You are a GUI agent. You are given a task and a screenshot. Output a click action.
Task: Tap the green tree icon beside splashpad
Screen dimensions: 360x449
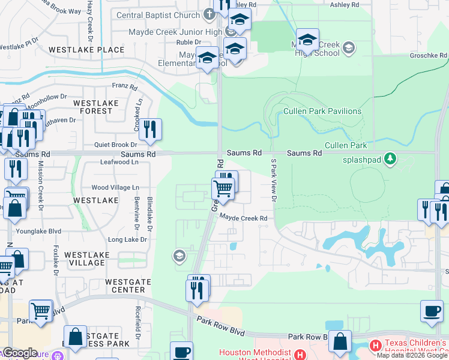coord(391,158)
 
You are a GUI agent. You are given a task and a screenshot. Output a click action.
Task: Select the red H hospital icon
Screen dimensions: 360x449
coord(375,345)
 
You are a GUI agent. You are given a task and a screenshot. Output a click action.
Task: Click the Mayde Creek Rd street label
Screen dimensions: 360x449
coord(243,218)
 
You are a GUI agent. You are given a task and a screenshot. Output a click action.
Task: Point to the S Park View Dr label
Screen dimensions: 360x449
coord(274,179)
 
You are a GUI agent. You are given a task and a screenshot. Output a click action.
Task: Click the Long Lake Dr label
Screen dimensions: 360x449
coord(127,239)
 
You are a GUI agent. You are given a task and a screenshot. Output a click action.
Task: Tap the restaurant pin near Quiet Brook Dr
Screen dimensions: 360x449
coord(150,130)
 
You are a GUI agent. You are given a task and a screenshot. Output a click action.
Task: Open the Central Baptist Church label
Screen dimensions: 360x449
coord(159,15)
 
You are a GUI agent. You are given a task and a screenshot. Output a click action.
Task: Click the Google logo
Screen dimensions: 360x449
coord(20,353)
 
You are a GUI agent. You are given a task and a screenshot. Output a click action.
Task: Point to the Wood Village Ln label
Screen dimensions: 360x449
coord(115,188)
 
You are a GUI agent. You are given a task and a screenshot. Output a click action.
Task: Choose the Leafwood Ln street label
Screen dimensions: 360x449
coord(119,162)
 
